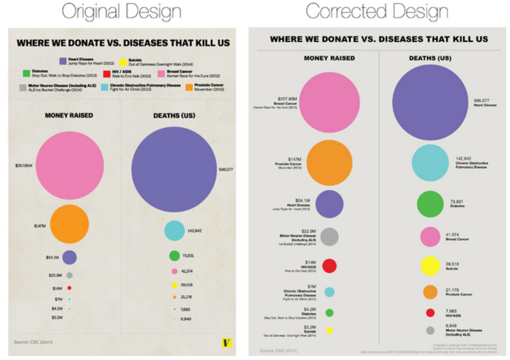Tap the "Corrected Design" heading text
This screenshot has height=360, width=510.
tap(377, 12)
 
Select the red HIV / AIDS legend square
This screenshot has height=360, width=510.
tap(107, 73)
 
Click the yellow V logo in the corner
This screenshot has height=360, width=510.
tap(226, 343)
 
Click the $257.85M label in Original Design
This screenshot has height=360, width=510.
tap(24, 166)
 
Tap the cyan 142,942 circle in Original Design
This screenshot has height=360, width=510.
tap(174, 231)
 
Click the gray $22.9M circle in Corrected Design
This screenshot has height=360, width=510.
tap(329, 237)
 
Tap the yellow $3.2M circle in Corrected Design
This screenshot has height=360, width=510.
tap(329, 330)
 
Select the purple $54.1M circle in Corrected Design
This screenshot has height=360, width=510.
tap(329, 204)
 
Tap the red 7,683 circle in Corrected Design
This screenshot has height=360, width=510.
tap(430, 312)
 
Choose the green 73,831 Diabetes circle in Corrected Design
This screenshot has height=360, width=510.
tap(430, 204)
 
